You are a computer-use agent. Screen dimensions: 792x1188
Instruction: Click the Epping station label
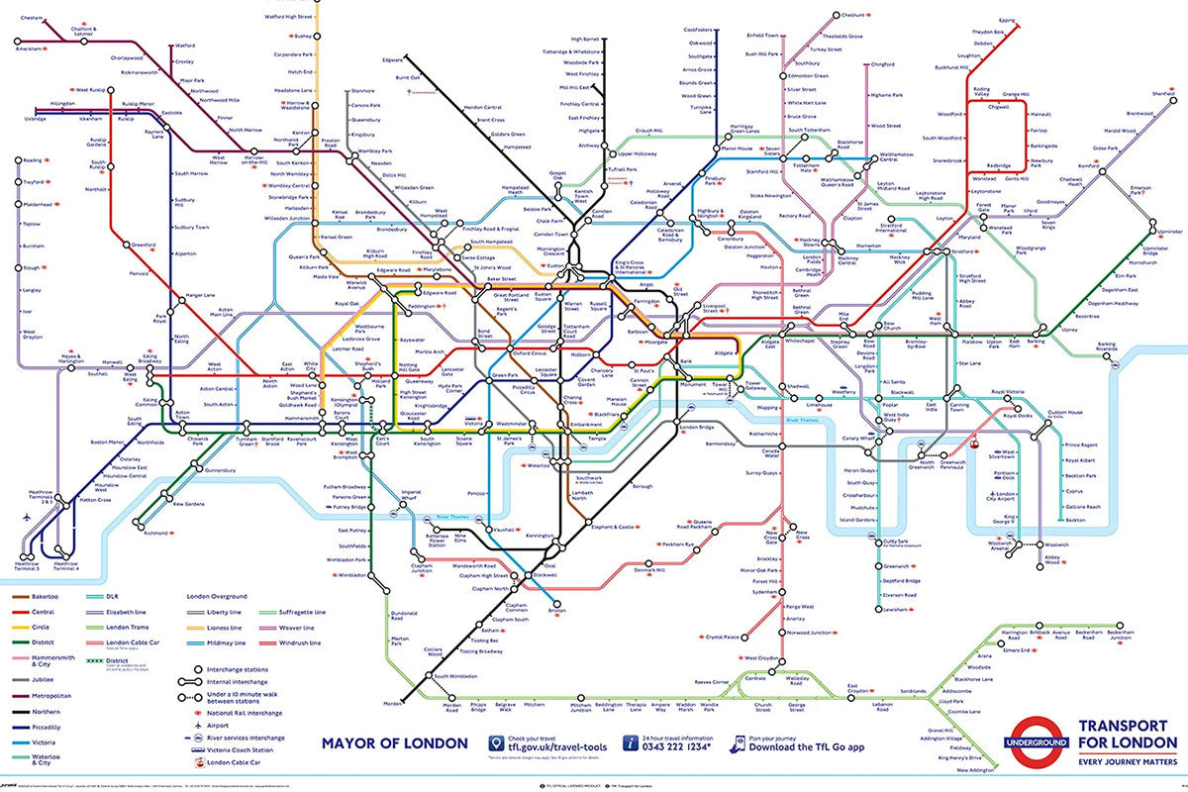[1007, 20]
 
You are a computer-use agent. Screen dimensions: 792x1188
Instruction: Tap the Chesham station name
[32, 18]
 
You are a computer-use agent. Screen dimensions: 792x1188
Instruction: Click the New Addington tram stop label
[975, 769]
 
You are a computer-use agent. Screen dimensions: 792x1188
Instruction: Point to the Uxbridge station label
[36, 119]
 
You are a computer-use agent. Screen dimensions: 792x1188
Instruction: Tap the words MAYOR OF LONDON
[395, 742]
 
